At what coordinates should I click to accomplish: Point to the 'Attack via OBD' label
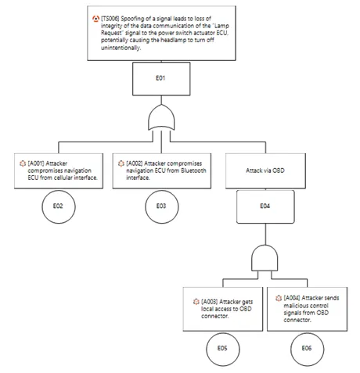[265, 170]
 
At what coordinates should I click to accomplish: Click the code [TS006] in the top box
[110, 19]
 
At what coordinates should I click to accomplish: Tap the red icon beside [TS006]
[95, 19]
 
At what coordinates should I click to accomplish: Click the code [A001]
[36, 163]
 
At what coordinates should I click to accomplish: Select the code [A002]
[135, 163]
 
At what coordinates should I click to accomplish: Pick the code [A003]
[209, 302]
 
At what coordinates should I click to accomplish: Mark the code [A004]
[292, 298]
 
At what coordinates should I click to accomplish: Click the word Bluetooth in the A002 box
[193, 170]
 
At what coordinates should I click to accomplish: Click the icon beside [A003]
[196, 302]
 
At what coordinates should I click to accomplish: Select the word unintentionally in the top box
[121, 48]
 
